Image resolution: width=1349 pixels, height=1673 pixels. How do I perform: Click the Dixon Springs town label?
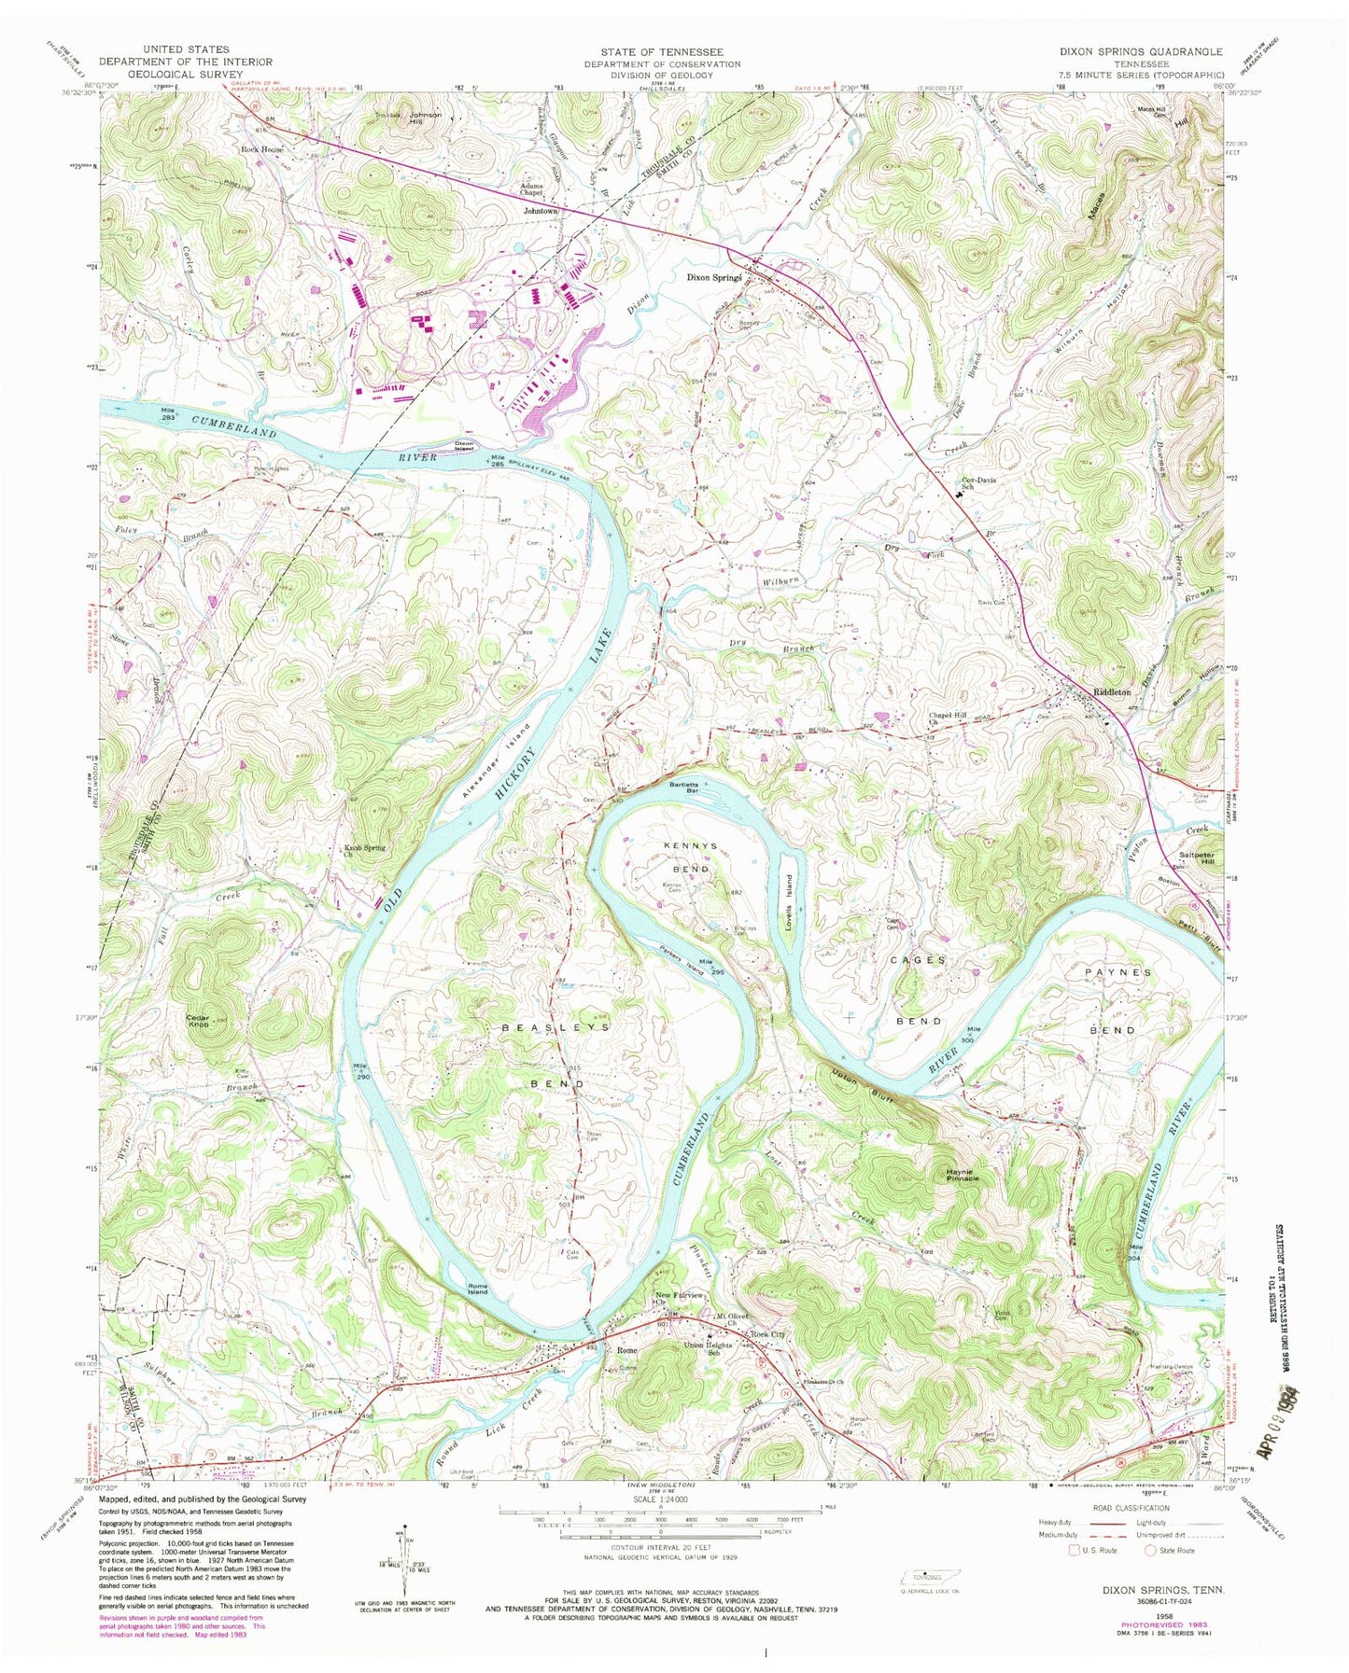click(714, 277)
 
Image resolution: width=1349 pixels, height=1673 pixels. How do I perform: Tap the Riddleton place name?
click(1111, 692)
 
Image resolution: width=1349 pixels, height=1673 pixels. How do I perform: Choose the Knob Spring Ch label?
click(358, 851)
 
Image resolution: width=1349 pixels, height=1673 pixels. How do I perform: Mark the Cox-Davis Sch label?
click(980, 484)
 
